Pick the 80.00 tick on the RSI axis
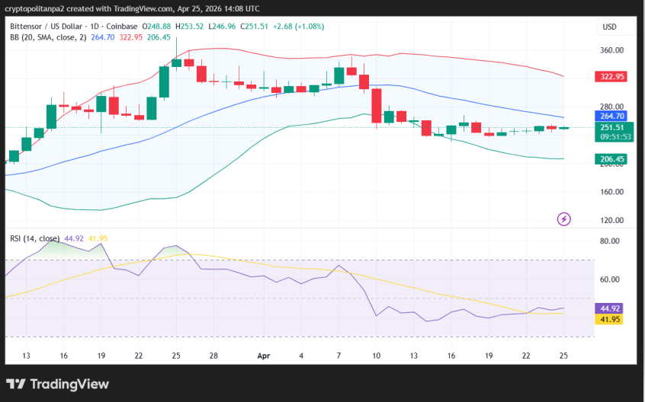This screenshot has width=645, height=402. (x=609, y=241)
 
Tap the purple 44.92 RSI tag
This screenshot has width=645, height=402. (x=609, y=308)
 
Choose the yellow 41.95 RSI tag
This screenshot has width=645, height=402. (x=609, y=319)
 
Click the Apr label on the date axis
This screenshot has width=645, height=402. (x=264, y=356)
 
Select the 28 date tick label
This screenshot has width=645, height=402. (x=213, y=356)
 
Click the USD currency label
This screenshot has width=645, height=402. (x=609, y=27)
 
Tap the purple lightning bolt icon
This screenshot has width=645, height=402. (x=564, y=219)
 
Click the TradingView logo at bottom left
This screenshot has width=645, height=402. (x=57, y=384)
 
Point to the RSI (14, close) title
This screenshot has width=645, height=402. (x=34, y=238)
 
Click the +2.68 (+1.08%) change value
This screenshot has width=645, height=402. (x=294, y=26)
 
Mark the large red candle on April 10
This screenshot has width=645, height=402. (x=376, y=105)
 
